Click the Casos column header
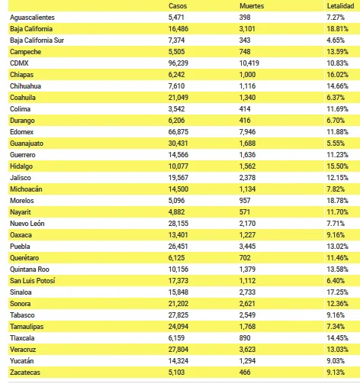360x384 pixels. (178, 6)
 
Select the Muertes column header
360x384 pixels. (252, 6)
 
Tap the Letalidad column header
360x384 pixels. (340, 6)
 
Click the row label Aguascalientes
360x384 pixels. (32, 18)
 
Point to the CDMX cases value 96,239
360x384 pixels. (178, 63)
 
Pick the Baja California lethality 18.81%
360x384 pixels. (337, 29)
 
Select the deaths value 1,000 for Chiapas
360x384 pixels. (247, 75)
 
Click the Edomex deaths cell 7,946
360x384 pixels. (247, 132)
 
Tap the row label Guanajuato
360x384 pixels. (27, 144)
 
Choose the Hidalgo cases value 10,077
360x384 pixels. (178, 166)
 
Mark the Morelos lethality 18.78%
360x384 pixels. (337, 201)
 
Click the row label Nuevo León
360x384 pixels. (27, 224)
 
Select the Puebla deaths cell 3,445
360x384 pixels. (247, 247)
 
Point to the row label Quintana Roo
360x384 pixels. (30, 269)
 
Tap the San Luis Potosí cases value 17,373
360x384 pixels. (178, 281)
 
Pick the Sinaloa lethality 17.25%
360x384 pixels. (337, 292)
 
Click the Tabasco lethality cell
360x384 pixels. (336, 315)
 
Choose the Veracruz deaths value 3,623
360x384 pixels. (247, 350)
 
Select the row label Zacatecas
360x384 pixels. (25, 373)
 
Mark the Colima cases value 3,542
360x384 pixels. (176, 109)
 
